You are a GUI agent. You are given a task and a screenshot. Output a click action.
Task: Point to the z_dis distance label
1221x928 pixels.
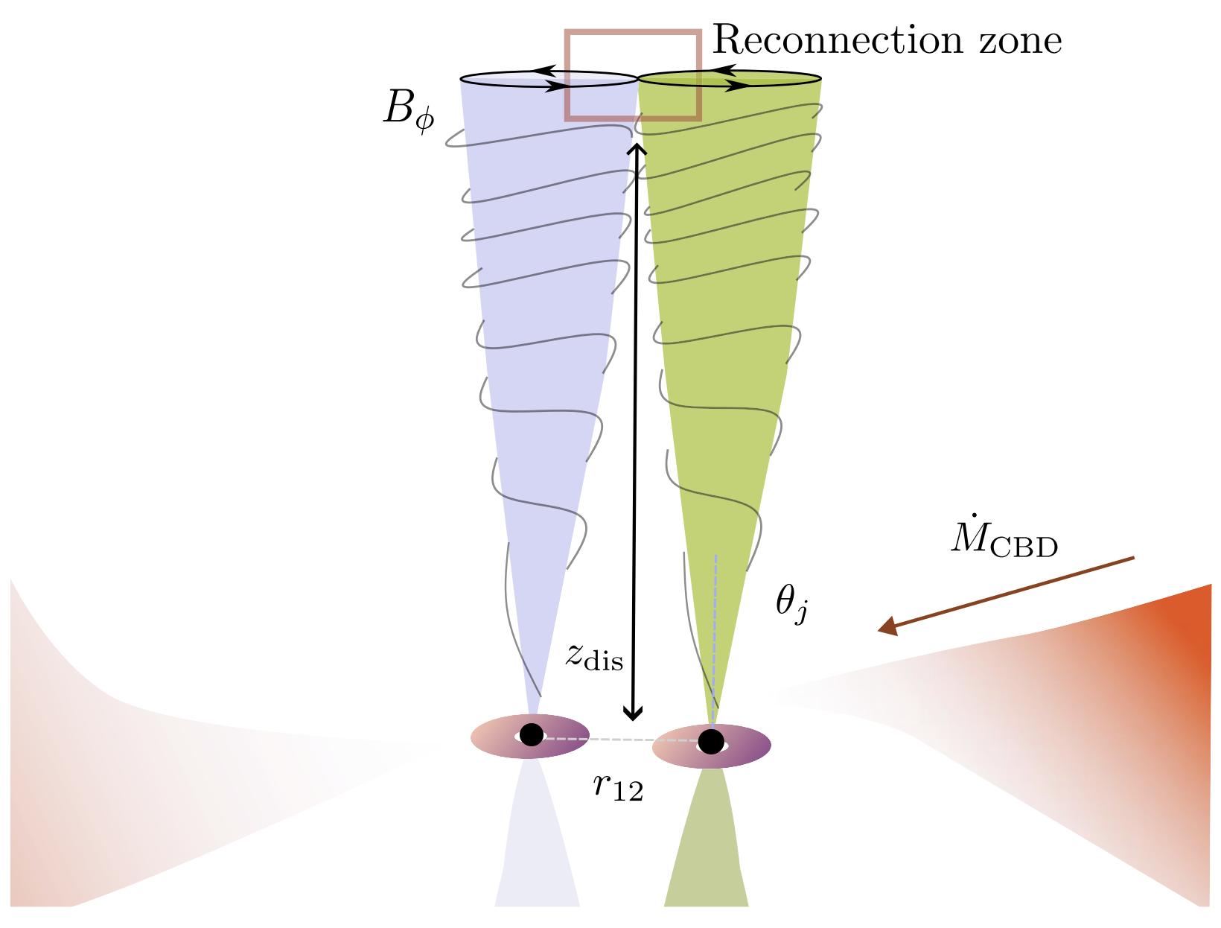click(593, 657)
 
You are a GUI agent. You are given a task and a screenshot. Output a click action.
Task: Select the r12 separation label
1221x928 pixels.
click(618, 786)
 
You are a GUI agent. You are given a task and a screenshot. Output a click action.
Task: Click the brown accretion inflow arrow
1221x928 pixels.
click(1005, 594)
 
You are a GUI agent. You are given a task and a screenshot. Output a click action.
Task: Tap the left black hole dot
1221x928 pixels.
click(531, 735)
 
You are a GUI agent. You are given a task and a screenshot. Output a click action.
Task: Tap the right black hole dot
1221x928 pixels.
click(711, 741)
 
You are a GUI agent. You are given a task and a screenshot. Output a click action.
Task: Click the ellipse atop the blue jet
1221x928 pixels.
click(506, 79)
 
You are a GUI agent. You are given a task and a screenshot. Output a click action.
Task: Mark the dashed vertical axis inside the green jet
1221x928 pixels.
click(715, 633)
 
